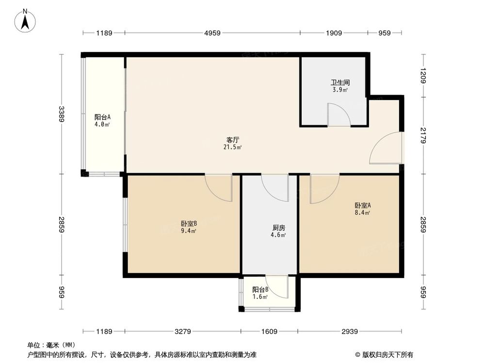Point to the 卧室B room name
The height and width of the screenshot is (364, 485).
click(x=189, y=224)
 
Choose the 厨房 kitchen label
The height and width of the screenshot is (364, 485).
click(x=278, y=228)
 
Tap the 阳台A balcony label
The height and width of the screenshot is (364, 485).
click(x=102, y=117)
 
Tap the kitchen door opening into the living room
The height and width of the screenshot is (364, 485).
click(x=275, y=186)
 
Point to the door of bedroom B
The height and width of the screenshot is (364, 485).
click(x=219, y=187)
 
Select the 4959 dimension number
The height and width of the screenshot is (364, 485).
click(x=212, y=33)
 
